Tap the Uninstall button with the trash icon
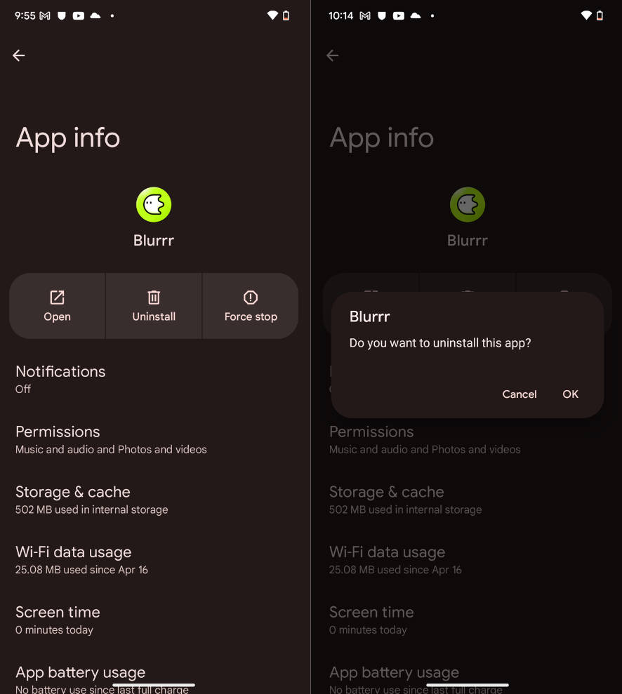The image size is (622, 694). [154, 306]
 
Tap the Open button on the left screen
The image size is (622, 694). [57, 306]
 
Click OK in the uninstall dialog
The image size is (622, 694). [570, 394]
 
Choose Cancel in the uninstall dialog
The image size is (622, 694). [520, 394]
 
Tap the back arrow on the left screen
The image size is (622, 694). [18, 55]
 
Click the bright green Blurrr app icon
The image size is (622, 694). [154, 204]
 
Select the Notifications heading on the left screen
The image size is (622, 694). [60, 371]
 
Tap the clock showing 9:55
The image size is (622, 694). [25, 15]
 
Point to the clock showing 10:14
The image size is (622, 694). [340, 15]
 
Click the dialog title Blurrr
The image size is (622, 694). [370, 316]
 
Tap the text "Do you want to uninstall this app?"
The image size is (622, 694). [440, 343]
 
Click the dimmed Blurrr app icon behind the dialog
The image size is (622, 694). [468, 204]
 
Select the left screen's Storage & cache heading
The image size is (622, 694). [73, 492]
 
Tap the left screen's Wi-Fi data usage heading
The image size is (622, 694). [74, 552]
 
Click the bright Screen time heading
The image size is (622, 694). [58, 612]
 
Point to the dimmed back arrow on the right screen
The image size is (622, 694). [333, 55]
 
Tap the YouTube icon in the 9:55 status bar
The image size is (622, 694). [79, 16]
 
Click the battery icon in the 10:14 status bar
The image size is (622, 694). [600, 16]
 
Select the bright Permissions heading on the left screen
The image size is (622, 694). [58, 432]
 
